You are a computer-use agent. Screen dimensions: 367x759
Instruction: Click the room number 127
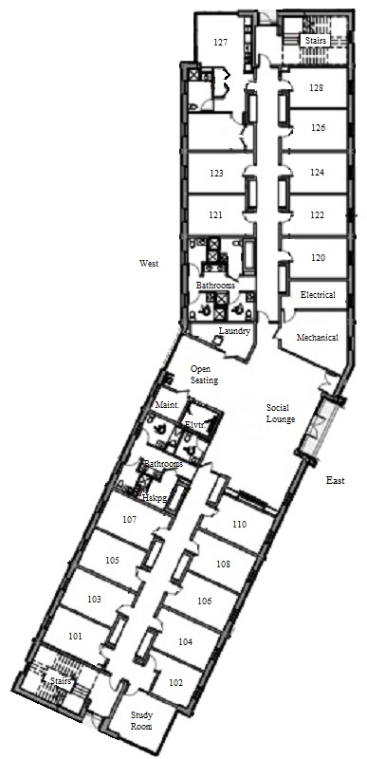220,43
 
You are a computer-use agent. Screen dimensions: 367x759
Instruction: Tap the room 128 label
316,88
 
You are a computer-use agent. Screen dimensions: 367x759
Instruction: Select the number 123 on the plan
216,173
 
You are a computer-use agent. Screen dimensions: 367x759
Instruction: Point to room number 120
318,258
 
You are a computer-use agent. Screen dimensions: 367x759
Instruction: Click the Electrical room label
318,294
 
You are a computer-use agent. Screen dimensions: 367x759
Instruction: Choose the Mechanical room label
317,338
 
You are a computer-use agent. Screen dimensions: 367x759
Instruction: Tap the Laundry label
234,331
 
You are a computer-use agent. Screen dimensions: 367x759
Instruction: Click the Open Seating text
204,375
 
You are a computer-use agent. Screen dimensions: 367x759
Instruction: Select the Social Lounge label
281,414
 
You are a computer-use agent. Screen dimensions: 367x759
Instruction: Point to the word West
149,264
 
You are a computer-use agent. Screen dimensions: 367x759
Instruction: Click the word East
336,481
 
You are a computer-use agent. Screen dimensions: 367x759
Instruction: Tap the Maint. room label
167,405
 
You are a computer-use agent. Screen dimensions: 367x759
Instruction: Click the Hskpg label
155,496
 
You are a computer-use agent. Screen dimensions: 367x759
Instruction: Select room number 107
129,520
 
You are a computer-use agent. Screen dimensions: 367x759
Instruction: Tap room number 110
239,525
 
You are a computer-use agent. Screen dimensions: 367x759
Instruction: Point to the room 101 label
75,637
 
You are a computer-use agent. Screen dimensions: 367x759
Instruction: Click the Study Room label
141,721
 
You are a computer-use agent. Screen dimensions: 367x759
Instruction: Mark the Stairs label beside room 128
316,40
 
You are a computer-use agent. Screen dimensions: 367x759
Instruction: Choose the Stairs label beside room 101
61,681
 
